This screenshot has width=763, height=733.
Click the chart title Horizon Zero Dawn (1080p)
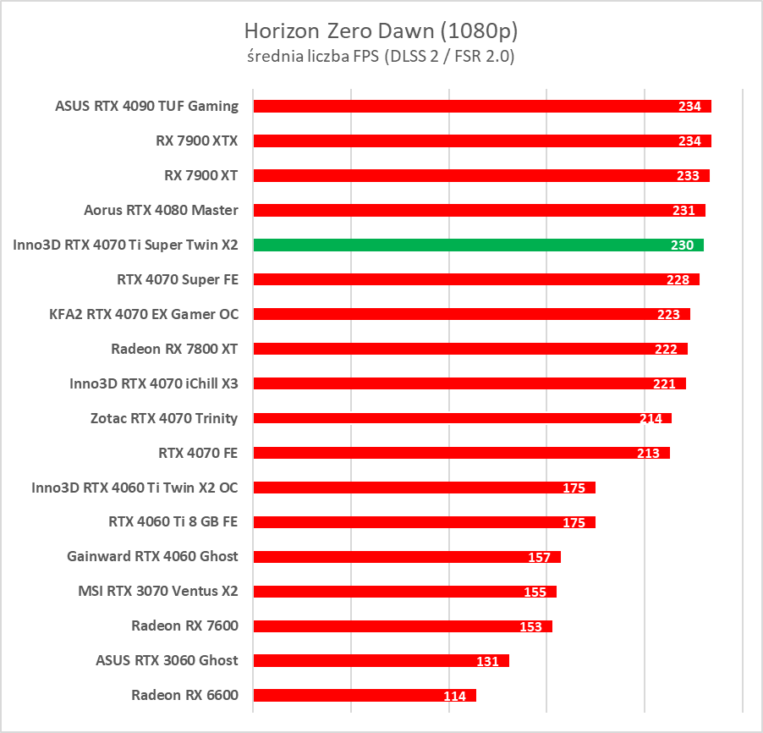click(381, 31)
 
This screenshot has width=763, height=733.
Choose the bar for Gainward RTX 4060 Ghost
click(389, 557)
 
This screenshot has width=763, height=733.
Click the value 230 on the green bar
click(682, 245)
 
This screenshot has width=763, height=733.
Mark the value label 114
click(454, 697)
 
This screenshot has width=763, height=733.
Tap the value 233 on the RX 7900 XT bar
click(688, 176)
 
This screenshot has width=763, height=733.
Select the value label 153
click(530, 627)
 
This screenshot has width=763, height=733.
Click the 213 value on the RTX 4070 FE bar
click(648, 454)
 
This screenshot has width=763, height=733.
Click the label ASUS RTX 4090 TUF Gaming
click(146, 106)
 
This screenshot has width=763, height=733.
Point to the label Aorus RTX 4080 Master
click(161, 210)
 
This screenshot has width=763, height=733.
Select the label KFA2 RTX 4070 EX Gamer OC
click(144, 314)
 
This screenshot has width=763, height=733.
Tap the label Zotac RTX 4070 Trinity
click(164, 418)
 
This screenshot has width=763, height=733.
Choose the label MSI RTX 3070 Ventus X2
click(157, 592)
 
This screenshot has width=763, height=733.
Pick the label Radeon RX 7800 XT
click(174, 349)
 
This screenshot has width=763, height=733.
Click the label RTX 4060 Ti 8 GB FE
click(173, 522)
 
